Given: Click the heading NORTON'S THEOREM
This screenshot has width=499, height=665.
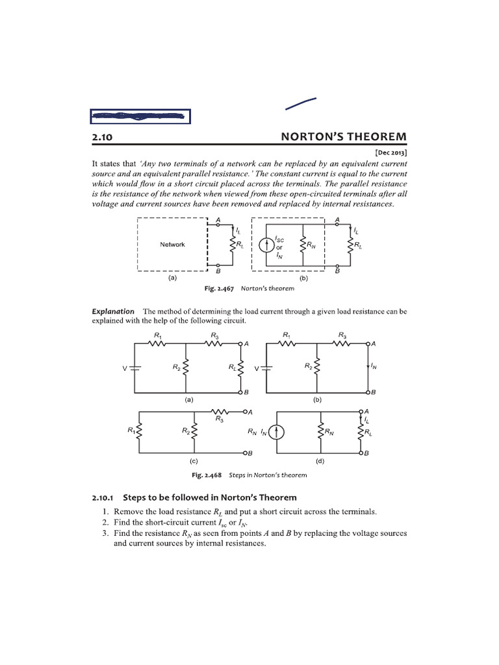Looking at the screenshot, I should [x=343, y=137].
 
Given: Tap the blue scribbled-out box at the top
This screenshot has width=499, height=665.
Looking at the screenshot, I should [x=140, y=117].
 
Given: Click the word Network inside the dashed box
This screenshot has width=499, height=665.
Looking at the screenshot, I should [x=172, y=245].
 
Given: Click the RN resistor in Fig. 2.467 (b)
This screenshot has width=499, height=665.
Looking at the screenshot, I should [x=301, y=245].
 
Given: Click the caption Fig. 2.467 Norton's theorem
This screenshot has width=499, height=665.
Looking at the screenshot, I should [x=253, y=288].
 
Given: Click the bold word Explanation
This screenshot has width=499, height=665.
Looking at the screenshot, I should [x=113, y=312].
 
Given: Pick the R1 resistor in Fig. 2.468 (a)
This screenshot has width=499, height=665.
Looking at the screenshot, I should [x=158, y=344].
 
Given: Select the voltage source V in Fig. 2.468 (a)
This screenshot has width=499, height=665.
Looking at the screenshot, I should [x=134, y=368].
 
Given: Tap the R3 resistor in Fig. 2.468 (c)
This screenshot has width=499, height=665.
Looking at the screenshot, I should [x=219, y=412].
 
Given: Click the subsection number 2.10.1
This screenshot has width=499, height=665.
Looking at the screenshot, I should [x=103, y=497].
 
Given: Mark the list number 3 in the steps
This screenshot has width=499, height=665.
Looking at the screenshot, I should [x=105, y=533].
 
